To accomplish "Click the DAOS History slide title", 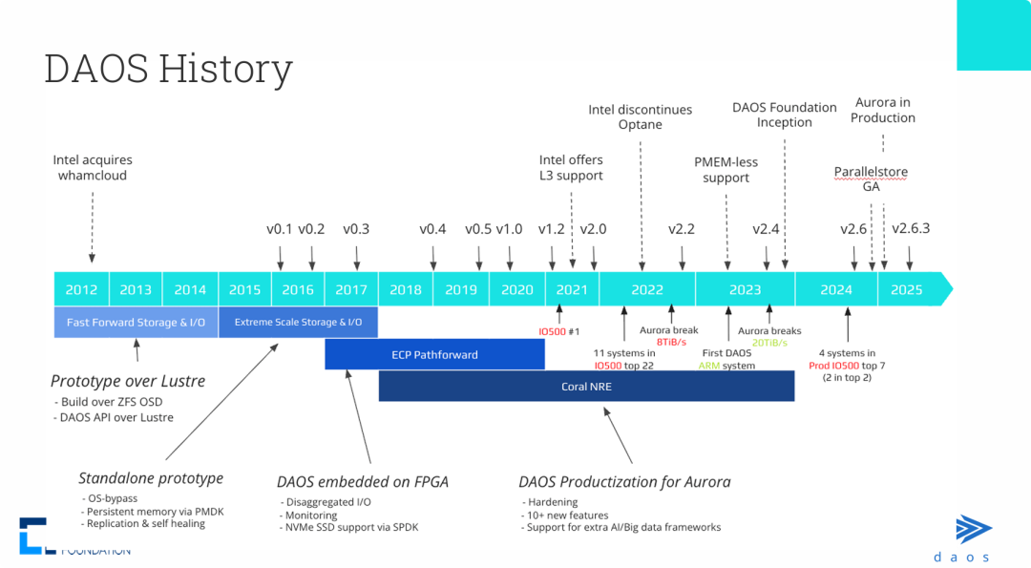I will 168,69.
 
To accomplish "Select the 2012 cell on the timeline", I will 81,289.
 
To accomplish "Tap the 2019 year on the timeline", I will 461,289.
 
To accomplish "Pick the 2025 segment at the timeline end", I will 907,289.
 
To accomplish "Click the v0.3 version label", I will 356,229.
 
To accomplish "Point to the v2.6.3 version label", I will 911,229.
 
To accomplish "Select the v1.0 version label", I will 509,229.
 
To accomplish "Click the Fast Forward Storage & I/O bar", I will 136,323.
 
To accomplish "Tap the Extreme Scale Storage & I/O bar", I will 298,323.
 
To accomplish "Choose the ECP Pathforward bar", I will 434,354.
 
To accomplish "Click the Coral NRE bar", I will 586,387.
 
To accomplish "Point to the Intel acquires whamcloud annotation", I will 93,168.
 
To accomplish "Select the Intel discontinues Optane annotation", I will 641,117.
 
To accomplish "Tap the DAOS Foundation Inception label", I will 785,115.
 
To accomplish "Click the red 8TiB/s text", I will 668,342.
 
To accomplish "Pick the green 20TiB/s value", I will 769,342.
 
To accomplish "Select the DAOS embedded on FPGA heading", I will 363,482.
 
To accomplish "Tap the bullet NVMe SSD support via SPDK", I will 351,528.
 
